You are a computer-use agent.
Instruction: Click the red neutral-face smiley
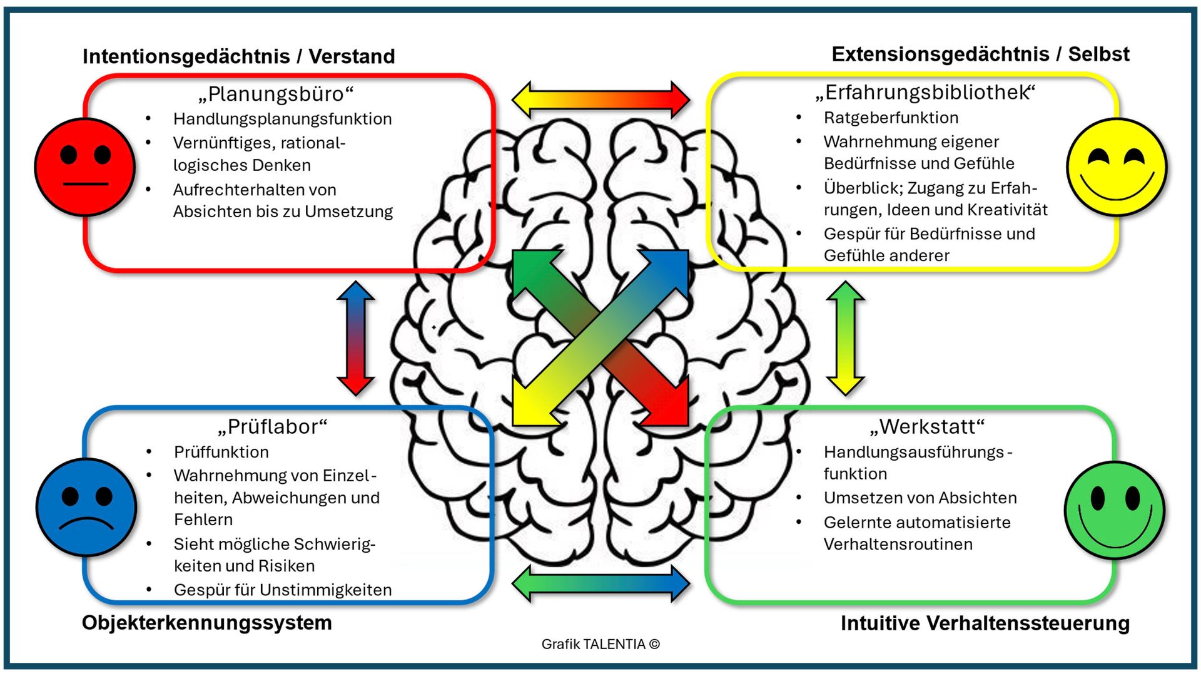click(84, 167)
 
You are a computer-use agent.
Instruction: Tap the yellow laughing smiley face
click(1117, 167)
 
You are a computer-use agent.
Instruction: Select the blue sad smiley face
click(86, 507)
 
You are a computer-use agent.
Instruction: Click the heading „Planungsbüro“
click(276, 94)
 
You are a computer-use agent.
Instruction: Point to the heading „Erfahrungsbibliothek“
click(925, 93)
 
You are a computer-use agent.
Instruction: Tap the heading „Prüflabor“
click(273, 427)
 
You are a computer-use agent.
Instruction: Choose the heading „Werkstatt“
click(927, 427)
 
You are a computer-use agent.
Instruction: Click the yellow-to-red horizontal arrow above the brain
click(600, 100)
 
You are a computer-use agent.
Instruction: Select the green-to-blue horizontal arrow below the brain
click(600, 584)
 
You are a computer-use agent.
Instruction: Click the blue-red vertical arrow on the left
click(356, 338)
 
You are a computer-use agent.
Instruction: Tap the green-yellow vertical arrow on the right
click(846, 338)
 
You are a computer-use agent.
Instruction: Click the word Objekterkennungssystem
click(206, 623)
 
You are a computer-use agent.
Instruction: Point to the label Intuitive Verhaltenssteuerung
click(985, 623)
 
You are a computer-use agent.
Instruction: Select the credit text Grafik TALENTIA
click(600, 644)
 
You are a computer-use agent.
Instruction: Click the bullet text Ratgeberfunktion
click(891, 118)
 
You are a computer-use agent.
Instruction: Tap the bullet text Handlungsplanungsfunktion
click(282, 119)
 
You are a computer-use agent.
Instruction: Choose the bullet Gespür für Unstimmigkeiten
click(283, 590)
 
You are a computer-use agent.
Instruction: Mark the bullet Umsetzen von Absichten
click(920, 498)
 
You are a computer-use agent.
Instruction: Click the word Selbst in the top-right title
click(1098, 54)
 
